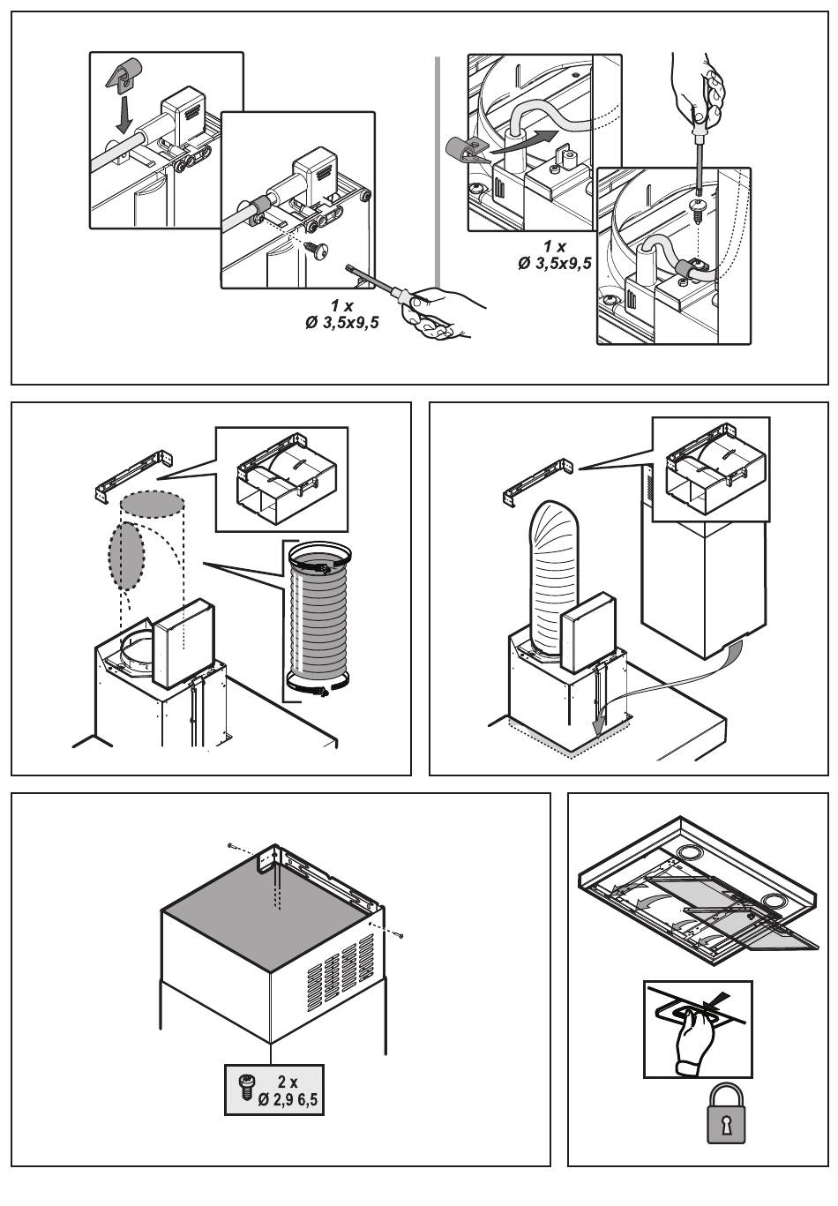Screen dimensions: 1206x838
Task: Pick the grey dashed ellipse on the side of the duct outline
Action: point(126,556)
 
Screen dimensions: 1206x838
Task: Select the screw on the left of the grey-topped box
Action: point(230,845)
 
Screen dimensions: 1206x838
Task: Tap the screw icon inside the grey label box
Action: point(248,1088)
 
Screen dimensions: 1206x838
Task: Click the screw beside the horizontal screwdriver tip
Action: point(317,251)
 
